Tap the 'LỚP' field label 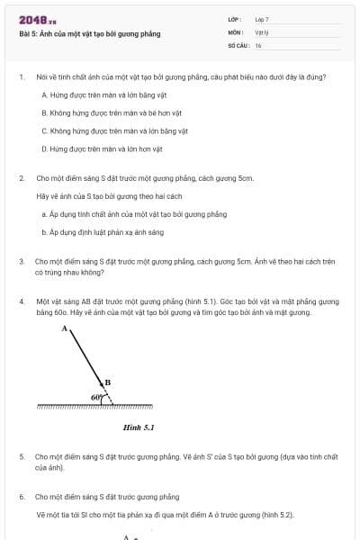click(x=233, y=19)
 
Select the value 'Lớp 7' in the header click(x=262, y=19)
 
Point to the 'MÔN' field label click(x=234, y=31)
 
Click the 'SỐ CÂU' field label click(x=238, y=44)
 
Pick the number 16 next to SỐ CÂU click(x=258, y=44)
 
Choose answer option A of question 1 click(x=92, y=94)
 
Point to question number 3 click(x=22, y=260)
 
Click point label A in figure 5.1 click(x=64, y=328)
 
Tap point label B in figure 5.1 click(x=108, y=382)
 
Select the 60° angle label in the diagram click(x=95, y=396)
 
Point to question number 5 click(x=22, y=457)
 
